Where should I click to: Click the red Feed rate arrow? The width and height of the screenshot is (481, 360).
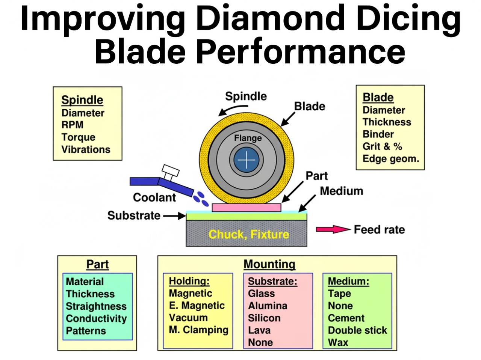(x=333, y=229)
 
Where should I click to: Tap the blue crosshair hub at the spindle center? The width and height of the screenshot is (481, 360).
(x=247, y=160)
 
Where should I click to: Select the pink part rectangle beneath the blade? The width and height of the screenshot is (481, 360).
(x=246, y=208)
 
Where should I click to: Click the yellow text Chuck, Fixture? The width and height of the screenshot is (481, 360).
(x=249, y=235)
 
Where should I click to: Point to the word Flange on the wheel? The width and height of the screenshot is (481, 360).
(x=248, y=138)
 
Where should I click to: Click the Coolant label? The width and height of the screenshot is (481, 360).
(x=154, y=197)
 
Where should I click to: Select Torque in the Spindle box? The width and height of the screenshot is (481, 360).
(x=78, y=137)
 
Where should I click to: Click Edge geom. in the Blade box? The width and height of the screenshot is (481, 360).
(x=390, y=158)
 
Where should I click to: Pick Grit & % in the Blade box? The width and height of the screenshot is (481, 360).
(x=382, y=146)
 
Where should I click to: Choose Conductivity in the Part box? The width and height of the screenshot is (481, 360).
(x=96, y=318)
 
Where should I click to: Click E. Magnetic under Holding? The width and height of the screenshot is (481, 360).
(x=197, y=306)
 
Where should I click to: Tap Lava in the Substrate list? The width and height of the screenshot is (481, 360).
(x=259, y=330)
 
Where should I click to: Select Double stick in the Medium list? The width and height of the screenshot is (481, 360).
(x=357, y=330)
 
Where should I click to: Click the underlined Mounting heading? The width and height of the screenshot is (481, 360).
(x=269, y=264)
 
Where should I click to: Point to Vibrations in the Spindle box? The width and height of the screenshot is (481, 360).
(x=86, y=149)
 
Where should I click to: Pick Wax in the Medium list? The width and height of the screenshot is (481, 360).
(x=338, y=342)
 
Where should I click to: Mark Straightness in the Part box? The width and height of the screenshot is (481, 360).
(x=96, y=306)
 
